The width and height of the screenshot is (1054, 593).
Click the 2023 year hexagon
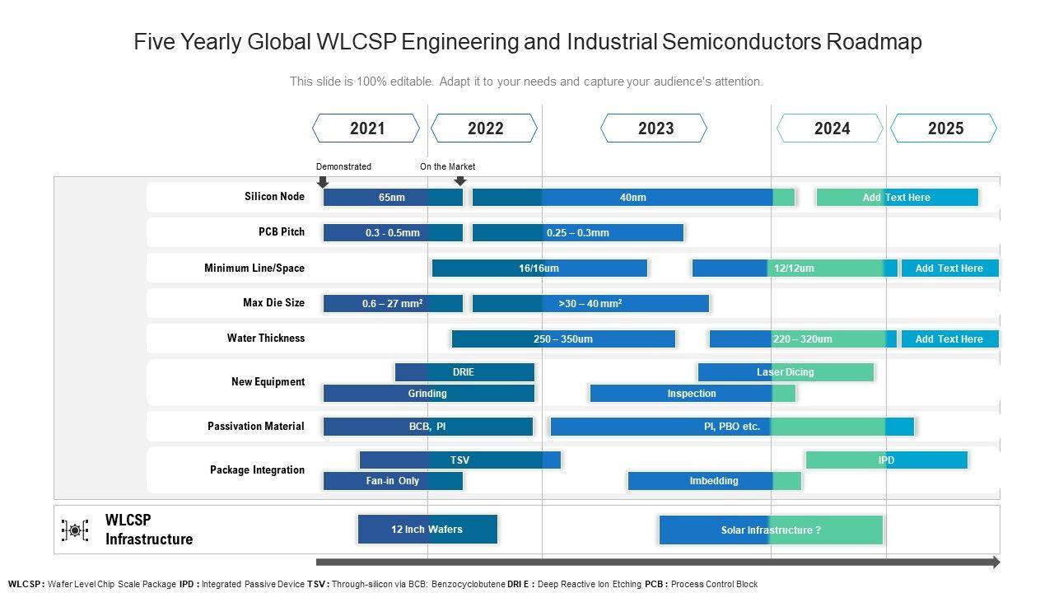pyautogui.click(x=655, y=128)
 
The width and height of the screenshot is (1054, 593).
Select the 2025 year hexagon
pyautogui.click(x=944, y=128)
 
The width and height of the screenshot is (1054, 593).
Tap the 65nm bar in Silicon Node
pyautogui.click(x=392, y=198)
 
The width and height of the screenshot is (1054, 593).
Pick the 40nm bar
pyautogui.click(x=632, y=198)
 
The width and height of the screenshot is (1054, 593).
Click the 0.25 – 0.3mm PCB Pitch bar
pyautogui.click(x=577, y=233)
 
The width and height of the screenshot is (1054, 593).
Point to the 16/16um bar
pyautogui.click(x=539, y=268)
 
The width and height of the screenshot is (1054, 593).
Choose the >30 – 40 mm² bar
pyautogui.click(x=590, y=304)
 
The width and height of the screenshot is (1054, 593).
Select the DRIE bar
pyautogui.click(x=464, y=372)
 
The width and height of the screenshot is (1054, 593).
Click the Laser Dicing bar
pyautogui.click(x=785, y=372)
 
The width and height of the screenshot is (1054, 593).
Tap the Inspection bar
pyautogui.click(x=692, y=394)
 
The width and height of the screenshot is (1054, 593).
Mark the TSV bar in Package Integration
pyautogui.click(x=459, y=460)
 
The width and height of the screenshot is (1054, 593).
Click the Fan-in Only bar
pyautogui.click(x=392, y=481)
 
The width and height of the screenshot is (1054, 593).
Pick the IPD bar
pyautogui.click(x=886, y=460)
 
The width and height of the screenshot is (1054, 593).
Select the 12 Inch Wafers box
pyautogui.click(x=427, y=530)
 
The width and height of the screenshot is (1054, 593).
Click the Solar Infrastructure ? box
pyautogui.click(x=770, y=530)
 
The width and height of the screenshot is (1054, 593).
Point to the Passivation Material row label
pyautogui.click(x=256, y=427)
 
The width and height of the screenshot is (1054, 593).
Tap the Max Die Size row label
pyautogui.click(x=273, y=303)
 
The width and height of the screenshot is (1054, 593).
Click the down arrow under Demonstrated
pyautogui.click(x=323, y=181)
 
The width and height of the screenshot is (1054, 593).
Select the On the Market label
pyautogui.click(x=447, y=166)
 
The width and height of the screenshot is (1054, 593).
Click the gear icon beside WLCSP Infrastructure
pyautogui.click(x=75, y=530)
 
